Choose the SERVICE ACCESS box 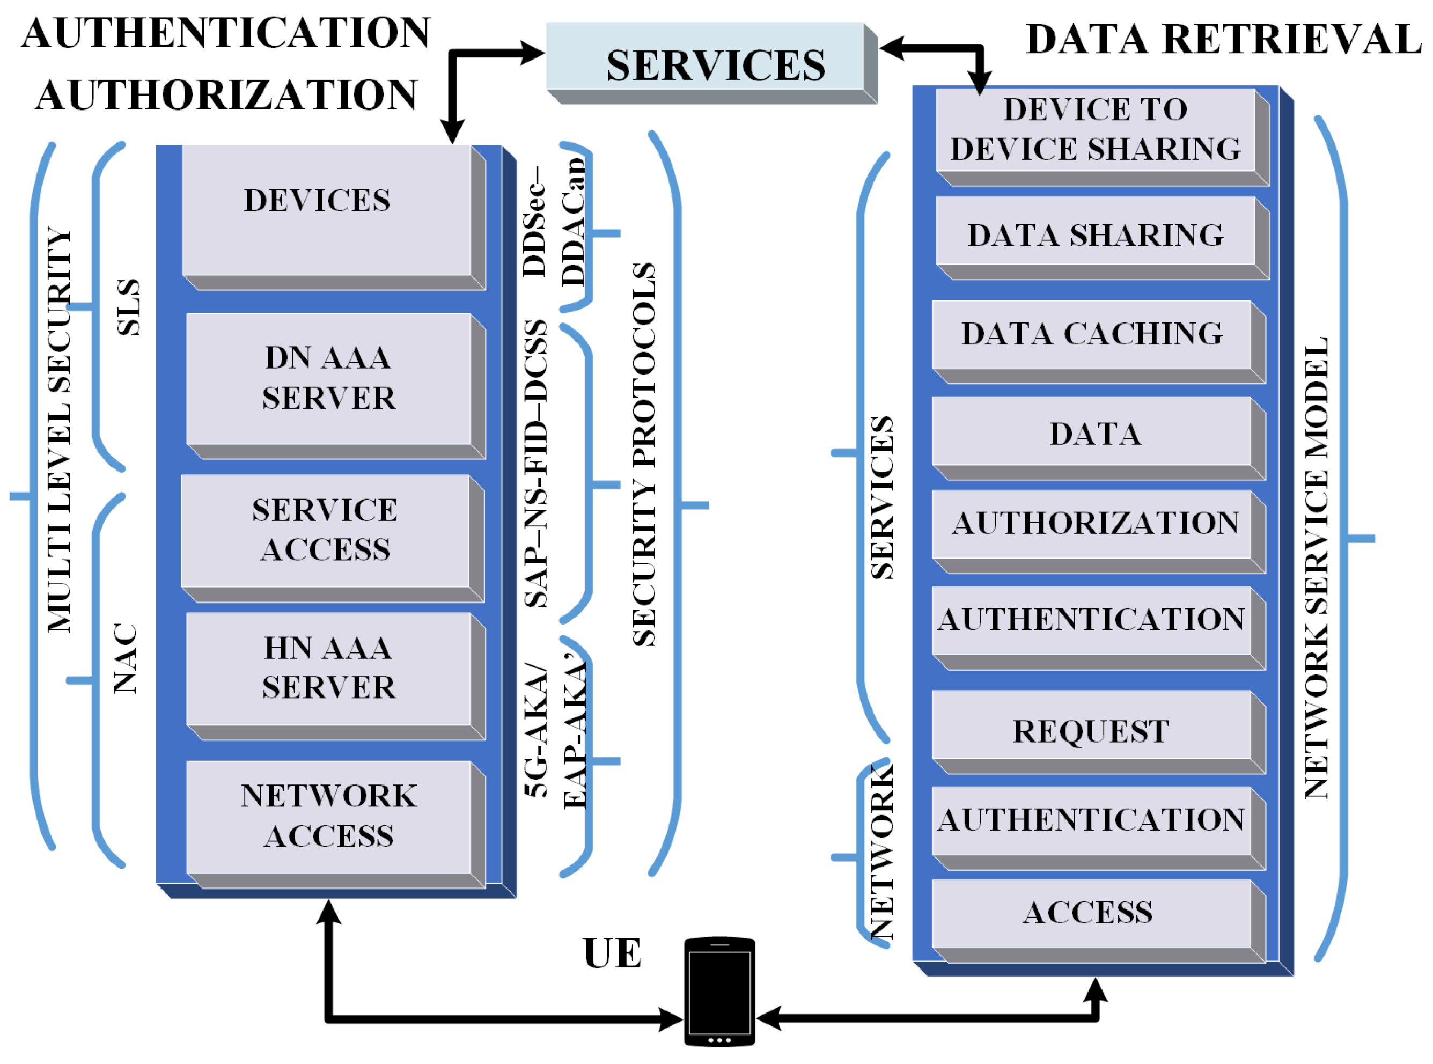tap(325, 531)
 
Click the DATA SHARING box tap(1095, 236)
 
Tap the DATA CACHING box tap(1092, 334)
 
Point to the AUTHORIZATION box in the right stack tap(1095, 524)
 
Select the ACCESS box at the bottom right tap(1088, 913)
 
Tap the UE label tap(612, 954)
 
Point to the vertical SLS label tap(128, 307)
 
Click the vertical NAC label tap(125, 658)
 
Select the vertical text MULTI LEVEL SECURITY tap(59, 430)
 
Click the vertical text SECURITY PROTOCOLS tap(644, 454)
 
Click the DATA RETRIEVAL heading tap(1223, 39)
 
